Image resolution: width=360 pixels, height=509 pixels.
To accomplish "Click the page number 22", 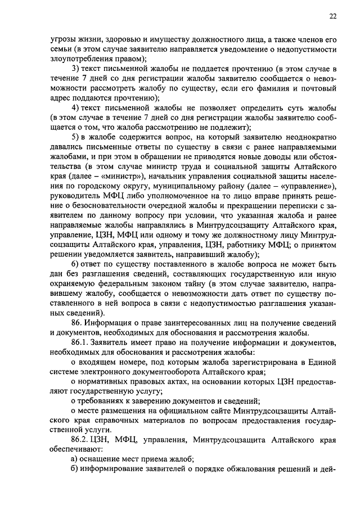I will tap(332, 16).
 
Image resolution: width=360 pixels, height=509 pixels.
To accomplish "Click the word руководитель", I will tap(75, 206).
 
